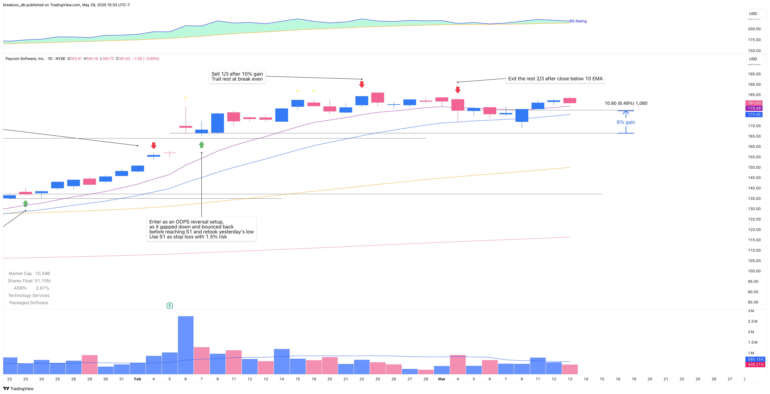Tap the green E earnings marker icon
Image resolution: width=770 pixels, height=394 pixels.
(x=170, y=305)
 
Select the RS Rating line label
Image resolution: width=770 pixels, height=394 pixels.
(x=578, y=21)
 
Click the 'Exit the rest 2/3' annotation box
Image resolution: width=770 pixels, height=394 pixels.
(x=555, y=79)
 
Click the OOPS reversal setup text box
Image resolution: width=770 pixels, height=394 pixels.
(x=201, y=229)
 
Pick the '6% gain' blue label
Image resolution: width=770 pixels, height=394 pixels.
(x=626, y=122)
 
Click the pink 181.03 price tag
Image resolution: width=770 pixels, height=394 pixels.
(x=754, y=103)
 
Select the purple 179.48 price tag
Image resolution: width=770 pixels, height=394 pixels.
(x=754, y=108)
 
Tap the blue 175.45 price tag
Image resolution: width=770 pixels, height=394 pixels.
(x=754, y=115)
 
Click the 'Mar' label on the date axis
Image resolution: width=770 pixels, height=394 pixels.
(x=441, y=379)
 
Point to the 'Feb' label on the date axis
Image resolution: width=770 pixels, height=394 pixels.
(x=138, y=379)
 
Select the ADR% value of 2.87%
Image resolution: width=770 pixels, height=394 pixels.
(x=42, y=288)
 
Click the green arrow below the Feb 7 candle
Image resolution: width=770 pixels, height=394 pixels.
(x=201, y=145)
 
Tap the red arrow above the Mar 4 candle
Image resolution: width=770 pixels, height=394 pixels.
(x=458, y=90)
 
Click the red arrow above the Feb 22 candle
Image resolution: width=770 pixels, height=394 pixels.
(x=362, y=85)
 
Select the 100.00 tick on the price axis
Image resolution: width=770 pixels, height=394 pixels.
(x=754, y=271)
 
